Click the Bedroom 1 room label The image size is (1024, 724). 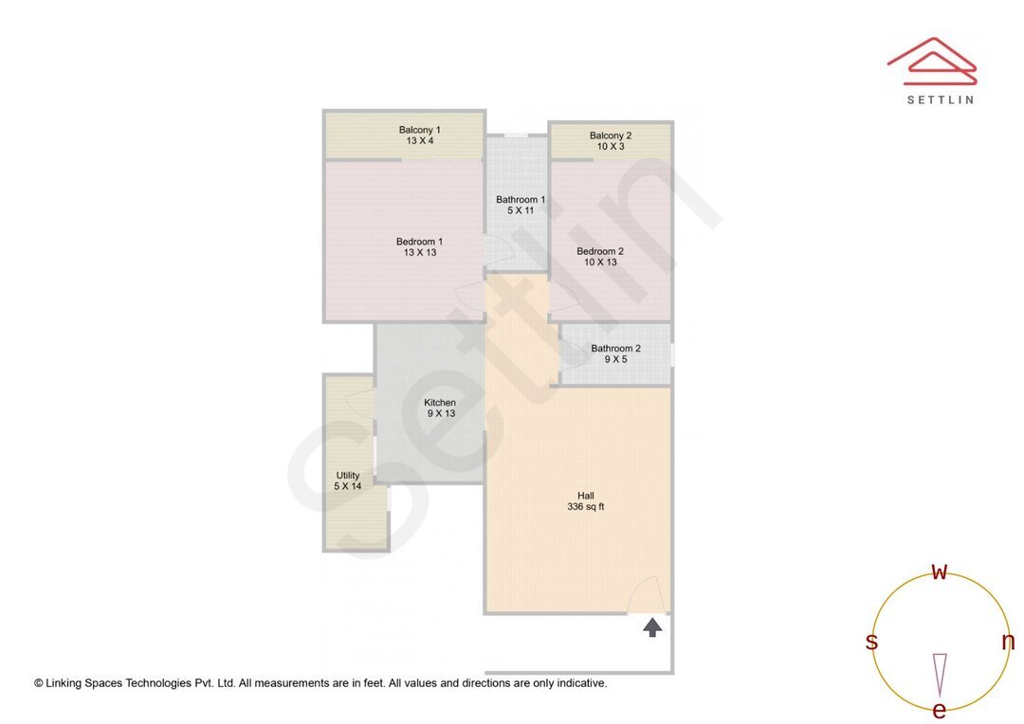click(x=419, y=242)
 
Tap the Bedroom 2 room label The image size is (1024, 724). click(x=600, y=251)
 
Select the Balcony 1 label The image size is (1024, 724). click(x=419, y=130)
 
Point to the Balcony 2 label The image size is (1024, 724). click(x=610, y=136)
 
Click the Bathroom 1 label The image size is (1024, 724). click(x=521, y=199)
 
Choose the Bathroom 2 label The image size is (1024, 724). click(x=615, y=349)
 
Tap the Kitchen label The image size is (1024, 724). click(x=440, y=403)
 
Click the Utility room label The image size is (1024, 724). click(x=348, y=476)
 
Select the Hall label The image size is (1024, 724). click(x=587, y=496)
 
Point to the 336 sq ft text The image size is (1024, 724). click(x=585, y=507)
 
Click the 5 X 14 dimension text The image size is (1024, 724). click(x=348, y=486)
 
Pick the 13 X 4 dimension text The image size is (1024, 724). click(x=419, y=141)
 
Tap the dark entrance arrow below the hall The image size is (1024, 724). click(x=652, y=626)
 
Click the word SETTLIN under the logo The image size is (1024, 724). click(x=940, y=100)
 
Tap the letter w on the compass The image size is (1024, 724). click(x=940, y=571)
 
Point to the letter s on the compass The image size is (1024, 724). click(x=871, y=643)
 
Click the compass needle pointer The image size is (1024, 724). click(x=940, y=674)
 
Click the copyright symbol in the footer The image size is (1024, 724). click(x=39, y=683)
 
